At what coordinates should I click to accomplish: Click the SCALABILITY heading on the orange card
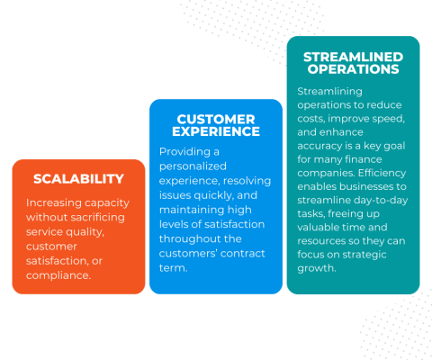coord(78,179)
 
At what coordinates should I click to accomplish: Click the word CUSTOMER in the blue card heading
coord(215,118)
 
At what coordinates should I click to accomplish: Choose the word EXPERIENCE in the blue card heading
coord(215,131)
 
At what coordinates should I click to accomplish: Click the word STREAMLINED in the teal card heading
coord(353,56)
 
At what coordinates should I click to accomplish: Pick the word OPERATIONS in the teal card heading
coord(353,68)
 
